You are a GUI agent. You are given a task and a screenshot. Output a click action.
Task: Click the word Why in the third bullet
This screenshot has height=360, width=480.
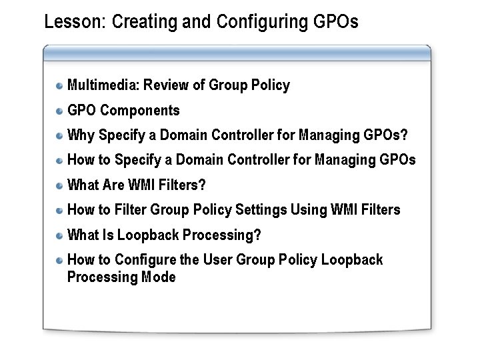coord(81,135)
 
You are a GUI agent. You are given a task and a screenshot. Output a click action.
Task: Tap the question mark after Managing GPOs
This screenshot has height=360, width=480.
coord(404,135)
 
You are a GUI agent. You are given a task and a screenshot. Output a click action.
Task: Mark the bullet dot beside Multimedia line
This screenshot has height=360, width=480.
coord(60,86)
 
